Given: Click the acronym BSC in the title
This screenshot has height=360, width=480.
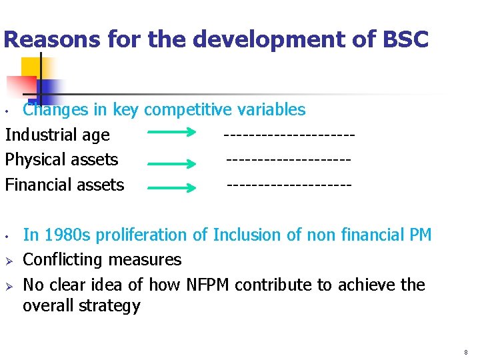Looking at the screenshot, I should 405,39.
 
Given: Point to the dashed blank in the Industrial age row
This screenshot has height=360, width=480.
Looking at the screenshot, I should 289,135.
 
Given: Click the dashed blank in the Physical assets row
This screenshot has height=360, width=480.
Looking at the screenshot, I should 289,159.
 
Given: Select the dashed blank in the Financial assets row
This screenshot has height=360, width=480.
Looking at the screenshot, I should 289,184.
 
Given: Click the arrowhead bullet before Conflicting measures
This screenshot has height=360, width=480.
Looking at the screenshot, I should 9,260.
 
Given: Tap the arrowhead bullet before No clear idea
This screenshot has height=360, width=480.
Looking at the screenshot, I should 9,285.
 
